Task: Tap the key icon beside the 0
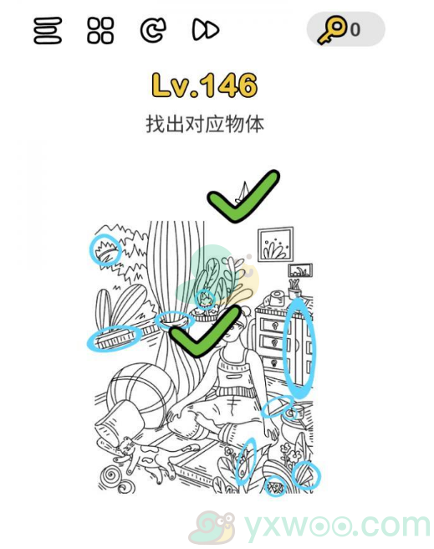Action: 332,31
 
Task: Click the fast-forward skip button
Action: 205,31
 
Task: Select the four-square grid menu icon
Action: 100,31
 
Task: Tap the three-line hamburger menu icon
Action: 48,31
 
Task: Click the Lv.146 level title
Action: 204,85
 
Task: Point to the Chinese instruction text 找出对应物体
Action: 204,124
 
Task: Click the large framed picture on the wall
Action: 275,244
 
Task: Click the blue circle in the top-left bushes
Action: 105,250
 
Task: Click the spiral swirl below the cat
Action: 111,480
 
